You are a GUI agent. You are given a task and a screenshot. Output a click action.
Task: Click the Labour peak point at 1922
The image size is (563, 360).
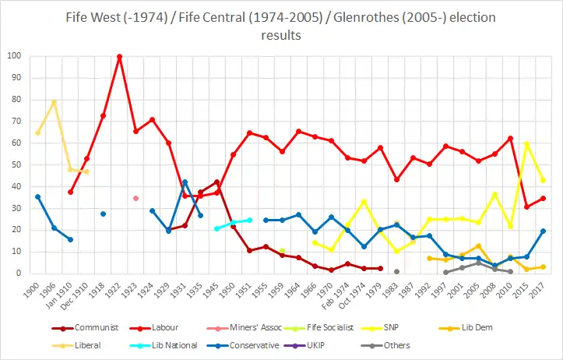tap(119, 56)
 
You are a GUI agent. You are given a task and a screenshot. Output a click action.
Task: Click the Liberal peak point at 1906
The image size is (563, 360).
tap(54, 102)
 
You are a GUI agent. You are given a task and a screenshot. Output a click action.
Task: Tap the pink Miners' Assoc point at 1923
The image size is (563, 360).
tap(135, 198)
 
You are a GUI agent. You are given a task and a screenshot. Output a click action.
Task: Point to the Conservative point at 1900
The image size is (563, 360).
tap(37, 196)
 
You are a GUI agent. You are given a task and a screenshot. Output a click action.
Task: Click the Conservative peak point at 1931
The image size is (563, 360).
tap(185, 182)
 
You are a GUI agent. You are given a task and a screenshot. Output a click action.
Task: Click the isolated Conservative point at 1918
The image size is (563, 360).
tap(103, 214)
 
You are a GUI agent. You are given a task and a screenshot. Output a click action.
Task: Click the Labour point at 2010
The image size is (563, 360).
tap(510, 138)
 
